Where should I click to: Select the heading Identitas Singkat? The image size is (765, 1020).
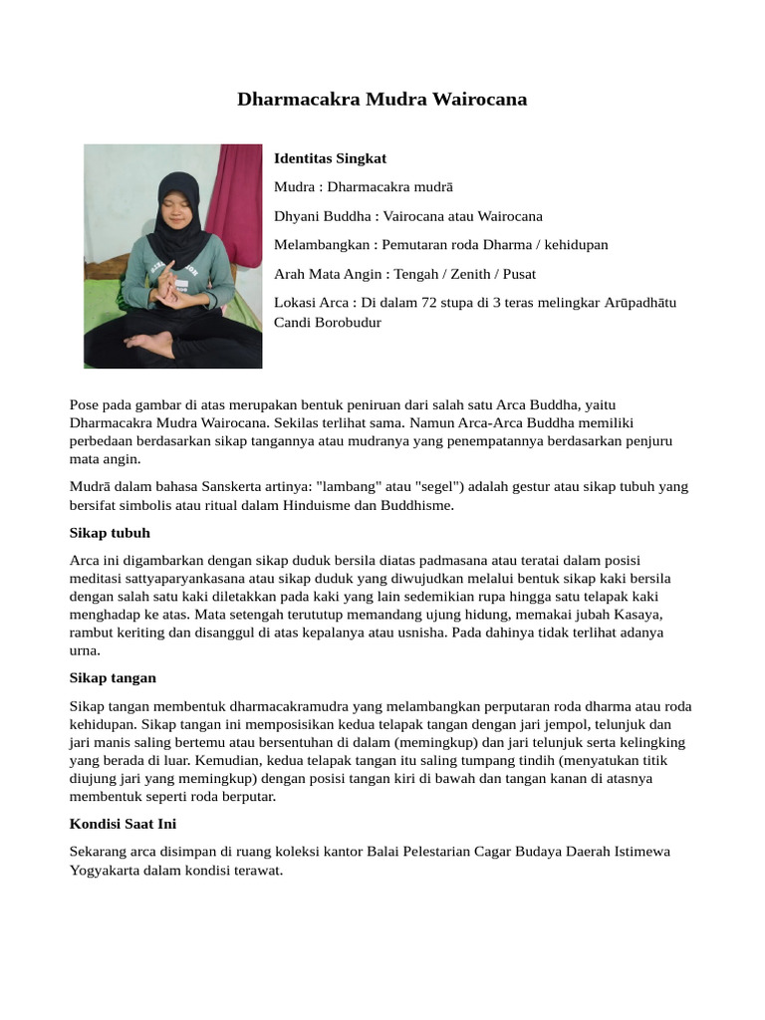click(x=330, y=158)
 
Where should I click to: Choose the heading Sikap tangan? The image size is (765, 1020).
click(x=113, y=678)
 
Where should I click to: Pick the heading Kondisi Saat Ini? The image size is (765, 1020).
click(x=124, y=824)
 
